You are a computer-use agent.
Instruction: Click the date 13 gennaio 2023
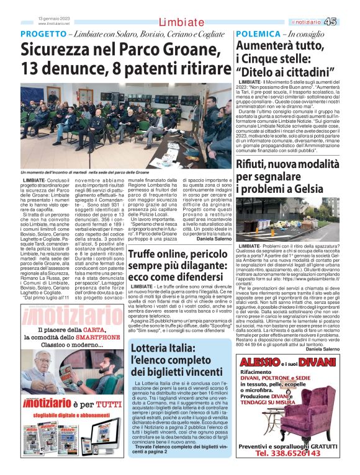click(x=52, y=19)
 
